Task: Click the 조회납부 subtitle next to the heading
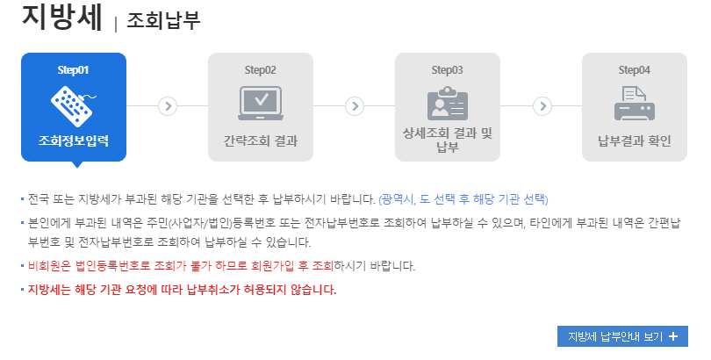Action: pos(163,19)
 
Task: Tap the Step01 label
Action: pos(73,69)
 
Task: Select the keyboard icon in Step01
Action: pos(73,104)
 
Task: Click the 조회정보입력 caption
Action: pos(73,140)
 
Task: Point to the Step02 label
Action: pos(260,69)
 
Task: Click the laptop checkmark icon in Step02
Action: pos(260,104)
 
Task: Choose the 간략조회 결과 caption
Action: pos(260,140)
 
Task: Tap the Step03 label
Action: pos(448,69)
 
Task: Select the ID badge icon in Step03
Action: pos(448,104)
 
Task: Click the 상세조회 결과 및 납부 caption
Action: pos(448,139)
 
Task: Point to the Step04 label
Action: pos(635,69)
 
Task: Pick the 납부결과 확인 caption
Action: pos(635,140)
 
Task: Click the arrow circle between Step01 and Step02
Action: pos(168,105)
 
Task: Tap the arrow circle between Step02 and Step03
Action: pos(355,105)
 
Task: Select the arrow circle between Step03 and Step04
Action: pos(542,105)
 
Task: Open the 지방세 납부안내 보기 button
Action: pos(622,336)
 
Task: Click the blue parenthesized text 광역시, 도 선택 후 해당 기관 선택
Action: pos(463,198)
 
